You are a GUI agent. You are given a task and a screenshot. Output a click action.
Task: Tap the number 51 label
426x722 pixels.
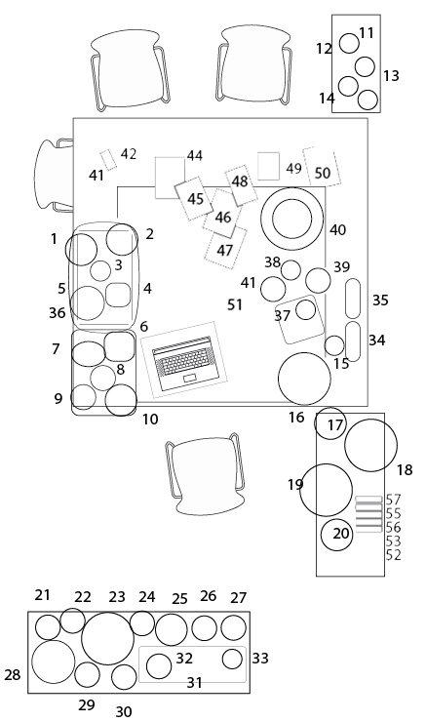coord(235,304)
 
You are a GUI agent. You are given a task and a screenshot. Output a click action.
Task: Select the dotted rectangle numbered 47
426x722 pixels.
coord(225,249)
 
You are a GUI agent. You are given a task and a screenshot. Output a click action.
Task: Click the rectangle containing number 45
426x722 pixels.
coord(194,199)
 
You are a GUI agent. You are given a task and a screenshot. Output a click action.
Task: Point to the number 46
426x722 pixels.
coord(223,217)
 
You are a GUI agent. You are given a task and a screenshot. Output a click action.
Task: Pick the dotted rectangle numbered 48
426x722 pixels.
coord(241,185)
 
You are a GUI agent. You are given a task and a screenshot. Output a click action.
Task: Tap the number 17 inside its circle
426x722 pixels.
coord(335,425)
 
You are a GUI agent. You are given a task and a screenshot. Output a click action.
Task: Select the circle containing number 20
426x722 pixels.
coord(336,535)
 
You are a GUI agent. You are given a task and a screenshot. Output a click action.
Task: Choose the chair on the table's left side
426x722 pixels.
coord(54,176)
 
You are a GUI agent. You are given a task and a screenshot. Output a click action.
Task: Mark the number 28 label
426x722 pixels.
coord(13,675)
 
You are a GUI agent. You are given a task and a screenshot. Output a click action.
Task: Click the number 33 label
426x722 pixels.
coord(260,659)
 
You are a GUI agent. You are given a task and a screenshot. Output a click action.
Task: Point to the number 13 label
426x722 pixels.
coord(391,76)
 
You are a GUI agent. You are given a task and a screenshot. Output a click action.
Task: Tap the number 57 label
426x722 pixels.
coord(393,500)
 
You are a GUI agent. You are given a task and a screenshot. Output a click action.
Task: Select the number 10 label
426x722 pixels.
coord(150,420)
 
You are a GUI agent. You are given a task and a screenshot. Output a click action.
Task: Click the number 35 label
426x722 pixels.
coord(380,301)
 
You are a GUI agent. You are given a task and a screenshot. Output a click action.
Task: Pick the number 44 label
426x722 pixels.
coord(195,156)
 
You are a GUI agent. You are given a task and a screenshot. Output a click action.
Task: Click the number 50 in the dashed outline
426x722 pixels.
coord(323,173)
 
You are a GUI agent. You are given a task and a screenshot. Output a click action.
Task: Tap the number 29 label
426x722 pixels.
coord(87,705)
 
